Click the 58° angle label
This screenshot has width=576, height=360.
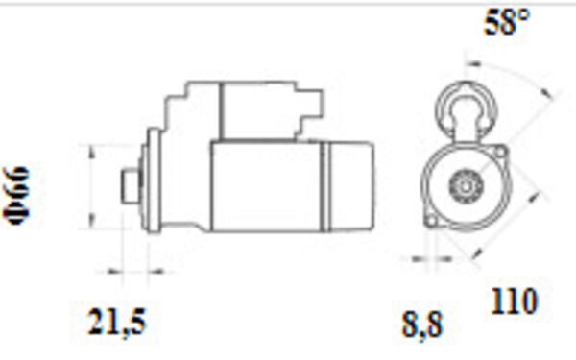pos(507,22)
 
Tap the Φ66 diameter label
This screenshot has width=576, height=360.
pos(16,196)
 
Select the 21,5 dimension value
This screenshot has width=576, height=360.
pos(116,323)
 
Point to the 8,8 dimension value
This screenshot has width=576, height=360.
pos(422,325)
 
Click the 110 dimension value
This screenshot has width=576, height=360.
pos(514,301)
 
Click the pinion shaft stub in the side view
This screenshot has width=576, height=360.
pos(130,185)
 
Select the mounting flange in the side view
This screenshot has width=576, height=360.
pos(154,180)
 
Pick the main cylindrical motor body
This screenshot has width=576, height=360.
pos(266,186)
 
